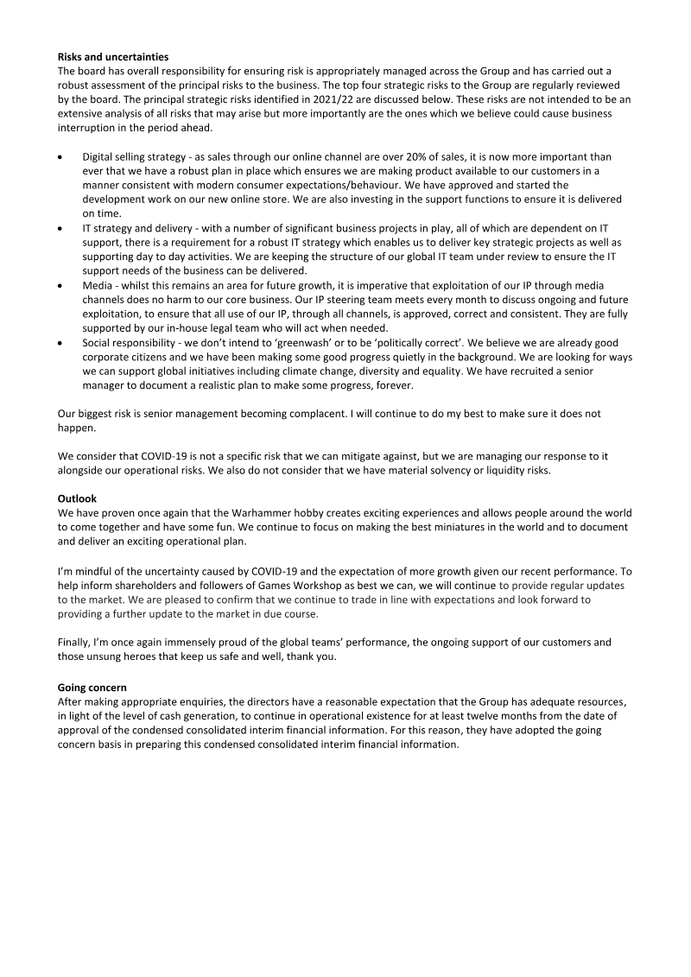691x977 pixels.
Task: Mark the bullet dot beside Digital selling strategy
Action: click(x=60, y=157)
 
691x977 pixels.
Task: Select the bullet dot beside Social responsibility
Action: click(x=60, y=341)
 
